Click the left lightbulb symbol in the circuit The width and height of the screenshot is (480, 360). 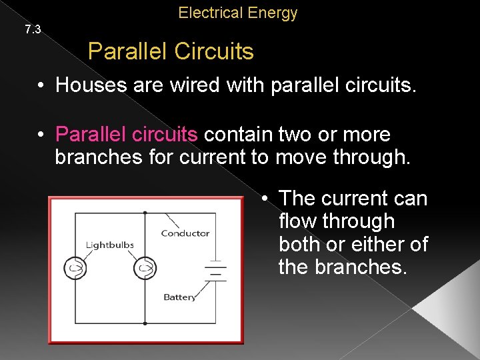(75, 269)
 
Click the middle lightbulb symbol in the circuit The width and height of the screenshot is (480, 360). (145, 269)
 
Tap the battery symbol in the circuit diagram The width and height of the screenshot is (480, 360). (215, 271)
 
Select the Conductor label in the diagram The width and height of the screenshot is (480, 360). (185, 233)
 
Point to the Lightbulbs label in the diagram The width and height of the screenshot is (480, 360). (110, 245)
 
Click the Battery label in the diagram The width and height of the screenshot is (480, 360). (180, 297)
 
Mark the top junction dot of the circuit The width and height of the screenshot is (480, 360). (145, 213)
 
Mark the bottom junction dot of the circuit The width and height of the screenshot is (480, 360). (145, 324)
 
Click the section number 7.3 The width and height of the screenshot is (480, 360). (33, 29)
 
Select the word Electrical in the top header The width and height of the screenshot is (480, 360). (209, 13)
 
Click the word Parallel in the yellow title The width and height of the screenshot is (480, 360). (124, 51)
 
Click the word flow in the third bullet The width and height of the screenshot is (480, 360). (296, 221)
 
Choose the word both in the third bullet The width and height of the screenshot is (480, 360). (299, 245)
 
